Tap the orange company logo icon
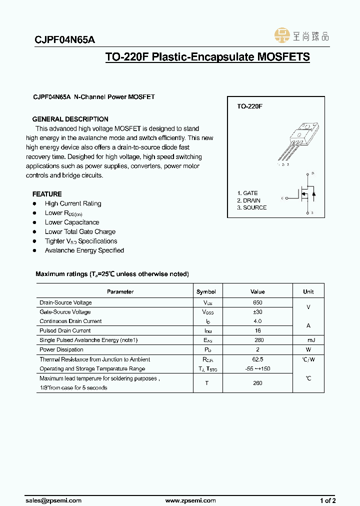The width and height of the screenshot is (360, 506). [x=282, y=35]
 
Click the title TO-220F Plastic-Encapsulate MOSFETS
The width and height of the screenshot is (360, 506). [x=207, y=57]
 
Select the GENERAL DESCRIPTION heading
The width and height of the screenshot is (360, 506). [x=70, y=119]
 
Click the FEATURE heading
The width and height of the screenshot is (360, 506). [x=47, y=194]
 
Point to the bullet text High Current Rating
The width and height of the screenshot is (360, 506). [x=73, y=203]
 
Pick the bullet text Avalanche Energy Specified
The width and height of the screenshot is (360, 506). [x=84, y=250]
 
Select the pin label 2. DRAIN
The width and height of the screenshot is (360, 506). [x=248, y=200]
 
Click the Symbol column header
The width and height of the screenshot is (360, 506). [x=206, y=291]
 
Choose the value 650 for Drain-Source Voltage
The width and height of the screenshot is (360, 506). [x=257, y=302]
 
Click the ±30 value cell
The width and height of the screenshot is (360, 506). [x=257, y=312]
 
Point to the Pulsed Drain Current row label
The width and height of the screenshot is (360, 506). [x=65, y=330]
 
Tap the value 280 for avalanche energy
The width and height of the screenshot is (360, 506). [x=257, y=340]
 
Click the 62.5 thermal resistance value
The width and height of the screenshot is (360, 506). [x=257, y=359]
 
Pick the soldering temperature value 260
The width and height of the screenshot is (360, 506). [x=257, y=383]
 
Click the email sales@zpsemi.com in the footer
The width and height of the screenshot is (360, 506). [x=53, y=500]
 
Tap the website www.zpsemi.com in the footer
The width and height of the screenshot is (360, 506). [x=190, y=500]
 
